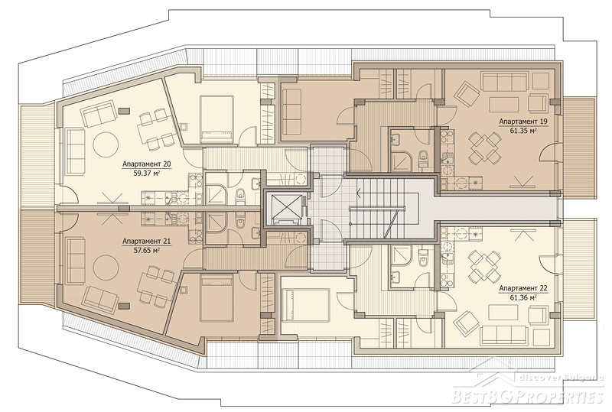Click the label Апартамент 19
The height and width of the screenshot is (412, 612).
tap(523, 122)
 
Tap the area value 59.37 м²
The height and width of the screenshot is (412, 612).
tap(147, 173)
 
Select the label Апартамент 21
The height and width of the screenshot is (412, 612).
tap(146, 242)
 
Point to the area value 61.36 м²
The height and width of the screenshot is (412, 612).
tap(523, 297)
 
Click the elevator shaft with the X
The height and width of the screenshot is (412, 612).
tap(283, 207)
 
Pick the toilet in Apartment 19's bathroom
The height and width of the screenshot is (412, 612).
tap(423, 160)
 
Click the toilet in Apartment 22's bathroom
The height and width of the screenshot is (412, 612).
tap(423, 256)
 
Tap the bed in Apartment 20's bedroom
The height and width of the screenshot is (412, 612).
tap(216, 119)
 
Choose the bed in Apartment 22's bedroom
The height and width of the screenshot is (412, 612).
tap(306, 305)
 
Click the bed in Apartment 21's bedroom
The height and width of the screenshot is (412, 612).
tap(216, 297)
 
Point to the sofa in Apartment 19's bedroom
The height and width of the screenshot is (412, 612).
tap(291, 112)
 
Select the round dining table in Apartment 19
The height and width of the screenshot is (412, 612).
tap(484, 148)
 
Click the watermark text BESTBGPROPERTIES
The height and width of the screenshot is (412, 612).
tap(528, 397)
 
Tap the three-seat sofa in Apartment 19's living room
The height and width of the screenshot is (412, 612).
tap(505, 81)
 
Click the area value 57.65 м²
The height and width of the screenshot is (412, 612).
tap(147, 251)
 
